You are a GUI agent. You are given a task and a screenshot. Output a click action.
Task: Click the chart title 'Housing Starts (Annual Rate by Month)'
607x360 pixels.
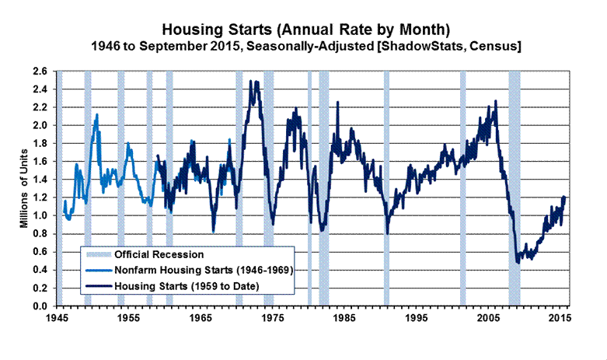tap(305, 30)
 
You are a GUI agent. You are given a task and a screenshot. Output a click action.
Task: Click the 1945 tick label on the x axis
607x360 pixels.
tap(56, 319)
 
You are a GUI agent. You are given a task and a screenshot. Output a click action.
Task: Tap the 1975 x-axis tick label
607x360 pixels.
tap(272, 319)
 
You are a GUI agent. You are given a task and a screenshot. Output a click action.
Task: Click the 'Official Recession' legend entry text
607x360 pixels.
tap(159, 254)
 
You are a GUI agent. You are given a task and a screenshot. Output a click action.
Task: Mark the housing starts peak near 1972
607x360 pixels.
tap(250, 82)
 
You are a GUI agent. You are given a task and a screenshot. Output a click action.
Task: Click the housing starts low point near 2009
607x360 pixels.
tap(518, 262)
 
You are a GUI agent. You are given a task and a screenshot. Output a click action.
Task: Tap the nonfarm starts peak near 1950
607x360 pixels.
tap(97, 115)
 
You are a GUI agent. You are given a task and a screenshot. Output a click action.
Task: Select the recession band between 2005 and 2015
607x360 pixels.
tap(514, 187)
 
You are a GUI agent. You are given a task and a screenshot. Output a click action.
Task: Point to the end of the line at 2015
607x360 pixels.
tap(564, 197)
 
